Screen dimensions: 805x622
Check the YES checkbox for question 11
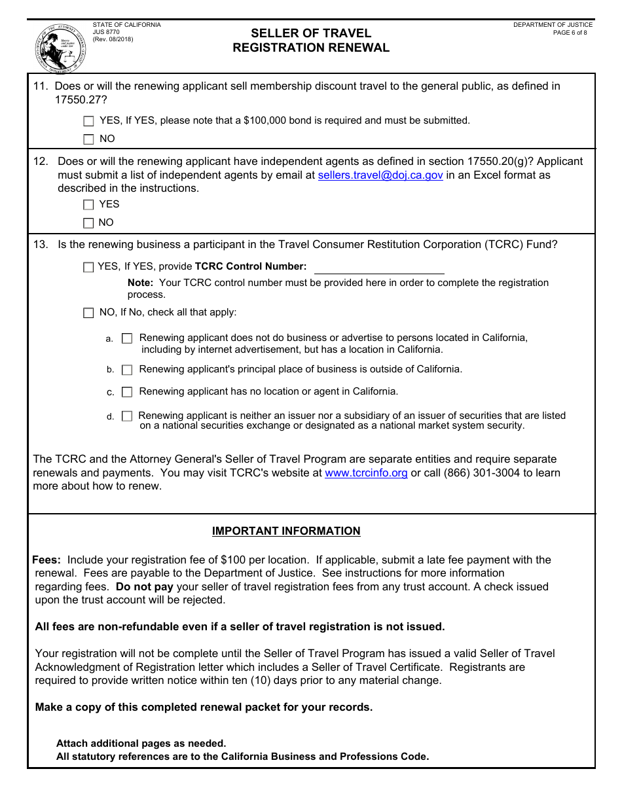click(89, 121)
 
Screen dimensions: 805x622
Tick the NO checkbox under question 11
click(89, 139)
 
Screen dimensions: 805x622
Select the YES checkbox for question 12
click(89, 205)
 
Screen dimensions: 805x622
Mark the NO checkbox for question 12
click(89, 223)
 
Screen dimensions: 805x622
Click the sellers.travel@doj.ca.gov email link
click(380, 175)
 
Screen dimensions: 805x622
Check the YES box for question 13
click(88, 267)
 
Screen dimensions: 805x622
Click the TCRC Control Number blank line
click(379, 268)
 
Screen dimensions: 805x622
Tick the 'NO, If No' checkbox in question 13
click(88, 313)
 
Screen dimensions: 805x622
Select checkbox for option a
click(127, 338)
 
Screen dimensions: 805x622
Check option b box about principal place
click(127, 370)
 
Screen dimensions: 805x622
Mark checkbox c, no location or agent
click(127, 392)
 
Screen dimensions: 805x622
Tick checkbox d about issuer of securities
click(127, 416)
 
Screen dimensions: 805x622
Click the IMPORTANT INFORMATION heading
click(286, 531)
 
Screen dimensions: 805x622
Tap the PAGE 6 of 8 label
click(570, 33)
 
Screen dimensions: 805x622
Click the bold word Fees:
click(46, 560)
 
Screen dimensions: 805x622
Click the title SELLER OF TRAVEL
click(311, 33)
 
